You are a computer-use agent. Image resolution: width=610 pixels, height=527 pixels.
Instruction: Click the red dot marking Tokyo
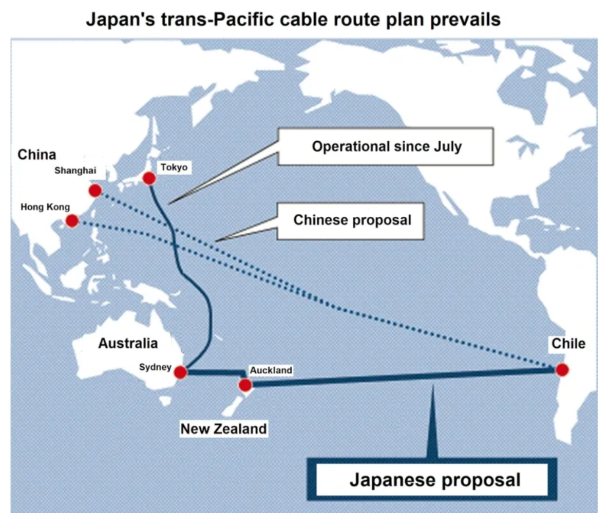tap(149, 178)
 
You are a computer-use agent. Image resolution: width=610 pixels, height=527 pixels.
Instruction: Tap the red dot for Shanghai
tap(95, 191)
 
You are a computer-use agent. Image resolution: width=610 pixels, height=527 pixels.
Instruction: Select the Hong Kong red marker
tap(72, 221)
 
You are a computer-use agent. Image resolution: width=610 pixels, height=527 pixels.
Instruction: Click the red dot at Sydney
tap(180, 372)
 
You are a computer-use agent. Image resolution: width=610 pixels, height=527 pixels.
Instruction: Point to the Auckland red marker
tap(245, 385)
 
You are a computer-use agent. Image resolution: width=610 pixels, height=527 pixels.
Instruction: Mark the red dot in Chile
tap(562, 370)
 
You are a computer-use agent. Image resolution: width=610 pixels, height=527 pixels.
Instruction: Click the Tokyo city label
tap(174, 167)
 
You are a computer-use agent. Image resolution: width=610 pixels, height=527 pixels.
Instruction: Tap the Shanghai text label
tap(75, 171)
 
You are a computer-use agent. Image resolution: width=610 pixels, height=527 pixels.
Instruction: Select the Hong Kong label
tap(45, 207)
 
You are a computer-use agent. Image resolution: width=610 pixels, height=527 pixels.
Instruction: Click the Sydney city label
tap(155, 367)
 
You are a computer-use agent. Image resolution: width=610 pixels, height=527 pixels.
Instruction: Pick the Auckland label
tap(271, 370)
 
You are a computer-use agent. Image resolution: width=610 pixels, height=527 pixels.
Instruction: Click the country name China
tap(36, 155)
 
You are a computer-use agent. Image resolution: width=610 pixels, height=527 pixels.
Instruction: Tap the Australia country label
tap(128, 343)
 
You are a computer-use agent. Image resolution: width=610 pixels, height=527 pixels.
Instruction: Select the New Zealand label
tap(223, 428)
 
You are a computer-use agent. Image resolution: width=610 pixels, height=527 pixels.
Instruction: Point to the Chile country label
tap(568, 344)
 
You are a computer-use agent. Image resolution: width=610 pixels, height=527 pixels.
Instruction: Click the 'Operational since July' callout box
tap(386, 146)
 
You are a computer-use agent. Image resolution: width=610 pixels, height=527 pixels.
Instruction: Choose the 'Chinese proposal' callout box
tap(352, 220)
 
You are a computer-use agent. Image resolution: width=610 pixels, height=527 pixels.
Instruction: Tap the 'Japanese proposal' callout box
tap(434, 480)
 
